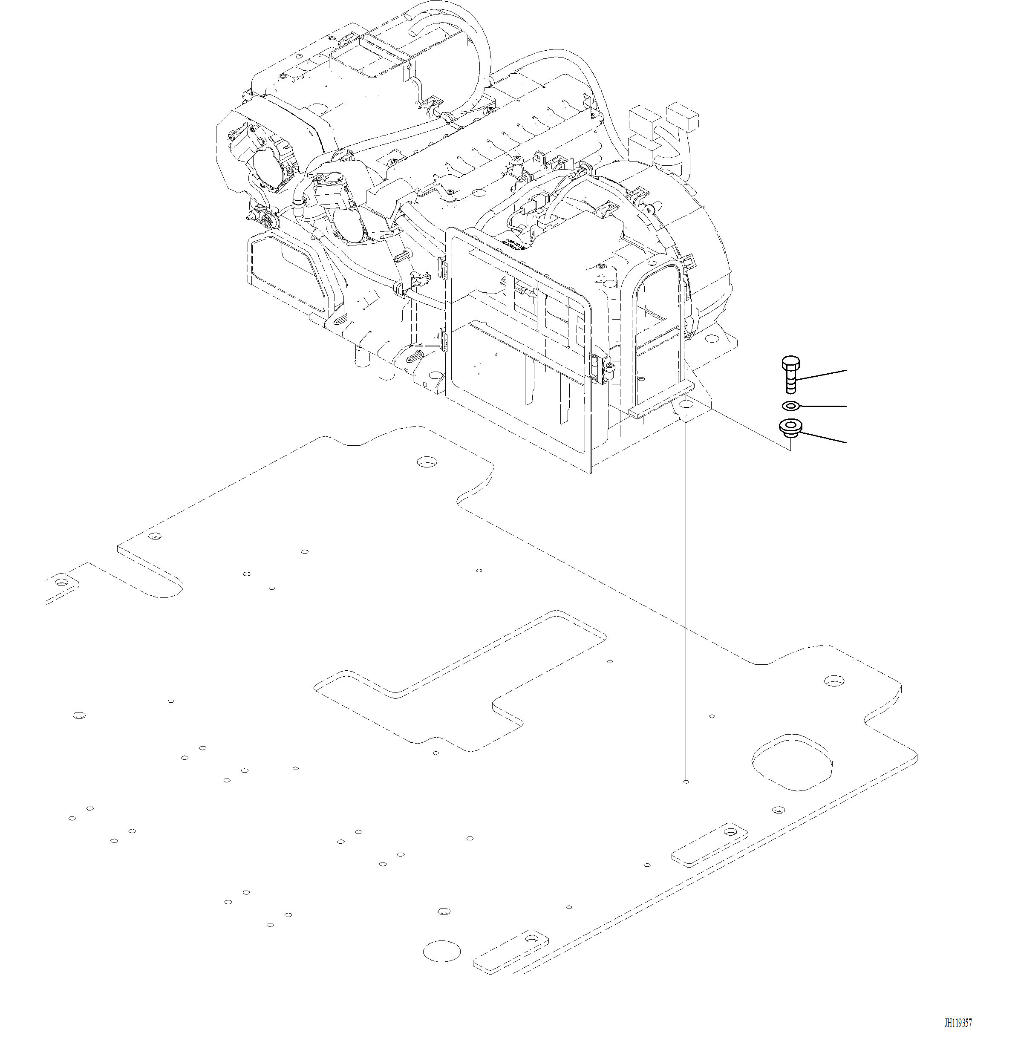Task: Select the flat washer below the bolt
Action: tap(791, 406)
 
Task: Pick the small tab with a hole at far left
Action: tap(63, 581)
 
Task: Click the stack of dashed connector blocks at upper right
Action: tap(663, 128)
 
